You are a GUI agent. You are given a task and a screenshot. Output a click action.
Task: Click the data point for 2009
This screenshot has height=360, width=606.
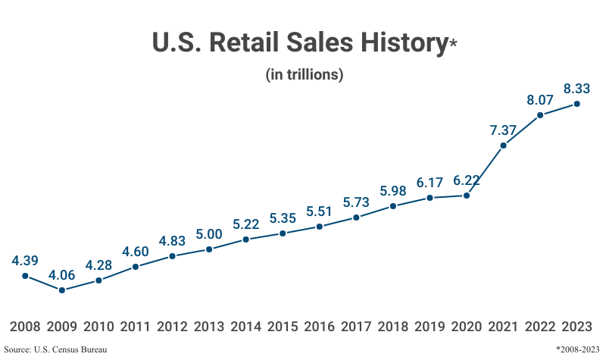pyautogui.click(x=62, y=290)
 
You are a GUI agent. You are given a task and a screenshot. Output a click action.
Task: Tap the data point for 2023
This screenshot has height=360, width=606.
pyautogui.click(x=576, y=104)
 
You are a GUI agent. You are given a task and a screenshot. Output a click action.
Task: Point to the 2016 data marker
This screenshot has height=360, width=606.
pyautogui.click(x=320, y=227)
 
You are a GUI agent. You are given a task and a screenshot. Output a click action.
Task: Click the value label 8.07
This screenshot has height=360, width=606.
pyautogui.click(x=540, y=99)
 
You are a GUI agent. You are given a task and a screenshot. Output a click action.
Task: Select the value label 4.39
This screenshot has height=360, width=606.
pyautogui.click(x=25, y=260)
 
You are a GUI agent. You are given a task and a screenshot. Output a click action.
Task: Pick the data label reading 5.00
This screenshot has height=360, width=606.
pyautogui.click(x=209, y=233)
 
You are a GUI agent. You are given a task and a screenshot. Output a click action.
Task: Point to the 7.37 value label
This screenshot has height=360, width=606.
pyautogui.click(x=503, y=130)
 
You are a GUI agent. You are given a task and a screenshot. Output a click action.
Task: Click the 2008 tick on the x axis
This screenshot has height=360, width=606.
pyautogui.click(x=25, y=327)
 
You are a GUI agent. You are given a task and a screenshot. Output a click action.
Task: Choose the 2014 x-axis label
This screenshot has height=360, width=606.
pyautogui.click(x=246, y=327)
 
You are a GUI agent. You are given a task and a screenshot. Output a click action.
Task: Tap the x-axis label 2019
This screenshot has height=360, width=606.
pyautogui.click(x=430, y=327)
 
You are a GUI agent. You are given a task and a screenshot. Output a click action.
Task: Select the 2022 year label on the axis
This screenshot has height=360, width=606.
pyautogui.click(x=540, y=327)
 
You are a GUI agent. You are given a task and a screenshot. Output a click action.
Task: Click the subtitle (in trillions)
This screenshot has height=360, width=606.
pyautogui.click(x=305, y=75)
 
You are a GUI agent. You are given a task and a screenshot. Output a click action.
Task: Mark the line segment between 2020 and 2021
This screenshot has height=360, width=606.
pyautogui.click(x=485, y=171)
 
